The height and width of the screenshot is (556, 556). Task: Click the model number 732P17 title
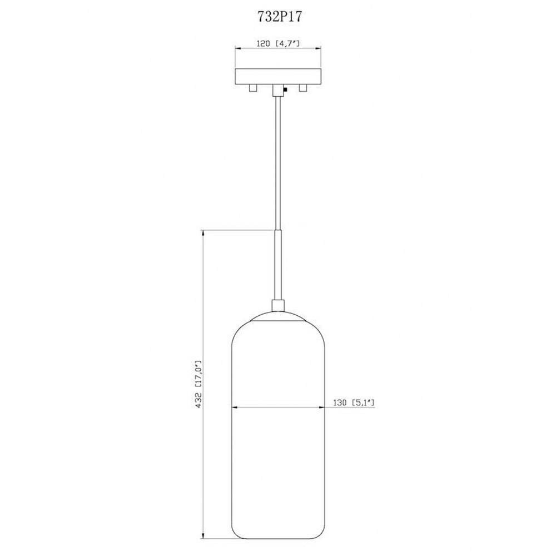(x=280, y=17)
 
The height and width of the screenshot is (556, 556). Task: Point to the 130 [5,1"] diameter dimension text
(x=354, y=403)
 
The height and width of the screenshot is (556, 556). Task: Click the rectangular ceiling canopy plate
(x=278, y=76)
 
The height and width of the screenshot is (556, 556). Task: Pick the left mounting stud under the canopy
(x=253, y=88)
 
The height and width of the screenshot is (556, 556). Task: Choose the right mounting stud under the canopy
(x=303, y=88)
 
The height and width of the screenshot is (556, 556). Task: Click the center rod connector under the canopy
(x=278, y=91)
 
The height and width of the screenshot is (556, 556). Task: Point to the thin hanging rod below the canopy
(x=278, y=163)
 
